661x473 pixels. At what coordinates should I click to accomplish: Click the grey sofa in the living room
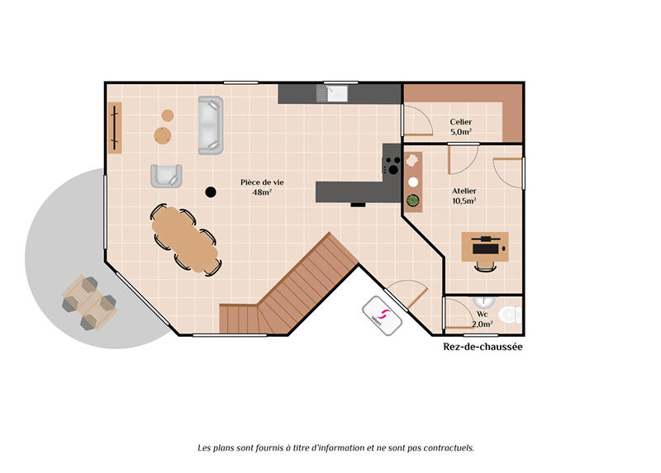[x=210, y=125]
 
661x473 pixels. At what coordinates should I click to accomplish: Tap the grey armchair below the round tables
[x=165, y=176]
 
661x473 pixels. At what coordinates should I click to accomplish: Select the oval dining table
[x=184, y=239]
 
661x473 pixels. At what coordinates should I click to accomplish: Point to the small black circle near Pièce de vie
[x=211, y=192]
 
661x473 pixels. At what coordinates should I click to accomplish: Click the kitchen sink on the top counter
[x=336, y=92]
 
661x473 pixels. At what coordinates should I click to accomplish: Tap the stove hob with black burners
[x=391, y=161]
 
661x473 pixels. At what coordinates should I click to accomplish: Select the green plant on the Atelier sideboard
[x=413, y=199]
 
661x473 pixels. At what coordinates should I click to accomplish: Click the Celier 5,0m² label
[x=460, y=126]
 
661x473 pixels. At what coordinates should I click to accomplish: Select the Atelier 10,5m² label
[x=464, y=196]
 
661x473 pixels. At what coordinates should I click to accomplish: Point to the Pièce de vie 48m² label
[x=256, y=187]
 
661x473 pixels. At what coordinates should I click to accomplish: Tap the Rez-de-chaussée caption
[x=483, y=348]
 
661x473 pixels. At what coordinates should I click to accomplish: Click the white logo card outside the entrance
[x=381, y=315]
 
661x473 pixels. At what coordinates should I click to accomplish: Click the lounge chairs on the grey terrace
[x=89, y=302]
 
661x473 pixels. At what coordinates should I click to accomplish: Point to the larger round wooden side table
[x=162, y=135]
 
